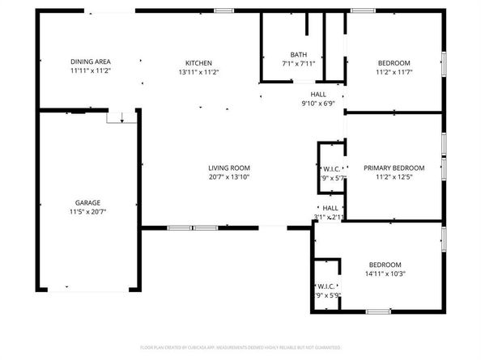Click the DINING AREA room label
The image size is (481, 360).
pos(90,62)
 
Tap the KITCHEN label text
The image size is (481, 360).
pos(198,62)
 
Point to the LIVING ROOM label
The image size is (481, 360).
pos(228,167)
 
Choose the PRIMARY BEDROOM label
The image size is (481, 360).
pos(394,168)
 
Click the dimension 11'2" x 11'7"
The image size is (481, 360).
pos(394,73)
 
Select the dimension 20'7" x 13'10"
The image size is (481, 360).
pos(228,177)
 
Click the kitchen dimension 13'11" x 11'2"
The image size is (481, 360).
pos(198,72)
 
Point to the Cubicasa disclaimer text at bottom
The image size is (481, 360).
pos(240,346)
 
